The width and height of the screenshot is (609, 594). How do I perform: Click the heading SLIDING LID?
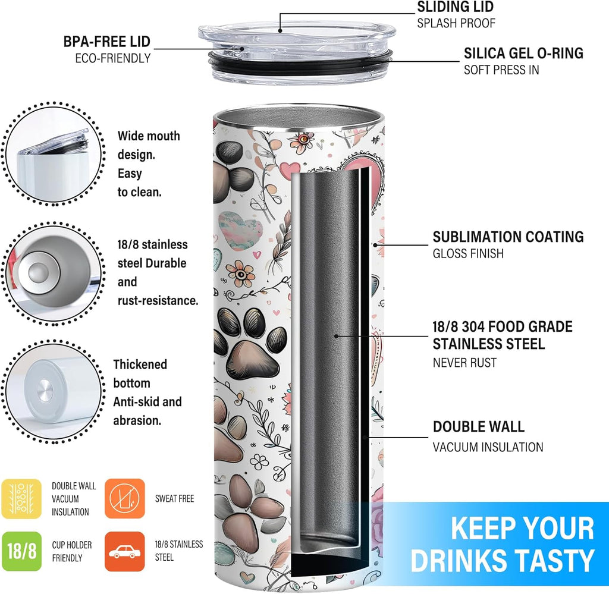tap(455, 7)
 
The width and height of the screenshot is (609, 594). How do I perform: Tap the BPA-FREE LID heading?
tap(107, 42)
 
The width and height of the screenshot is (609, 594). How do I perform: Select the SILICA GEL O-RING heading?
tap(523, 53)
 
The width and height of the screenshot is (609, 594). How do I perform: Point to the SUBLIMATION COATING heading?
tap(508, 237)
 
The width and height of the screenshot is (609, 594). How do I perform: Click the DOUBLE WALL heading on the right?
tap(479, 427)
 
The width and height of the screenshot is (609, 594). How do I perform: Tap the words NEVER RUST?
tap(464, 363)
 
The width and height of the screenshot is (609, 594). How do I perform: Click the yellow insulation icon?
tap(21, 498)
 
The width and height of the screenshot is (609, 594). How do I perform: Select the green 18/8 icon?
tap(21, 551)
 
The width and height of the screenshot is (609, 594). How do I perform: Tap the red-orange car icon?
tap(125, 551)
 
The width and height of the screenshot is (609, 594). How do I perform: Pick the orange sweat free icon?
tap(125, 498)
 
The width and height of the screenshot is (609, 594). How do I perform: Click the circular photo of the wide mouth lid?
tap(53, 153)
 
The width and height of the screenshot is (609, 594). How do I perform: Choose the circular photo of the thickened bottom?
tap(53, 391)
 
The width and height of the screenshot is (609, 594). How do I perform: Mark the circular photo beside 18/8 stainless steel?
tap(53, 273)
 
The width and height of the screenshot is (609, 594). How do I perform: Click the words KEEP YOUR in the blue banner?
tap(522, 529)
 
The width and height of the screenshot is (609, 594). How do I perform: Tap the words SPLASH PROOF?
tap(456, 23)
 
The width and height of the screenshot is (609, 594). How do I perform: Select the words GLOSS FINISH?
tap(468, 253)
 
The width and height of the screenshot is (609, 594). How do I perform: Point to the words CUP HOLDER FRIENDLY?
tap(72, 551)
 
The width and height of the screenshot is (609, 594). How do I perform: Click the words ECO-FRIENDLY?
tap(112, 58)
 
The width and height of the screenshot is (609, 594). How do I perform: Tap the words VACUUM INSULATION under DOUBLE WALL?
tap(488, 447)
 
